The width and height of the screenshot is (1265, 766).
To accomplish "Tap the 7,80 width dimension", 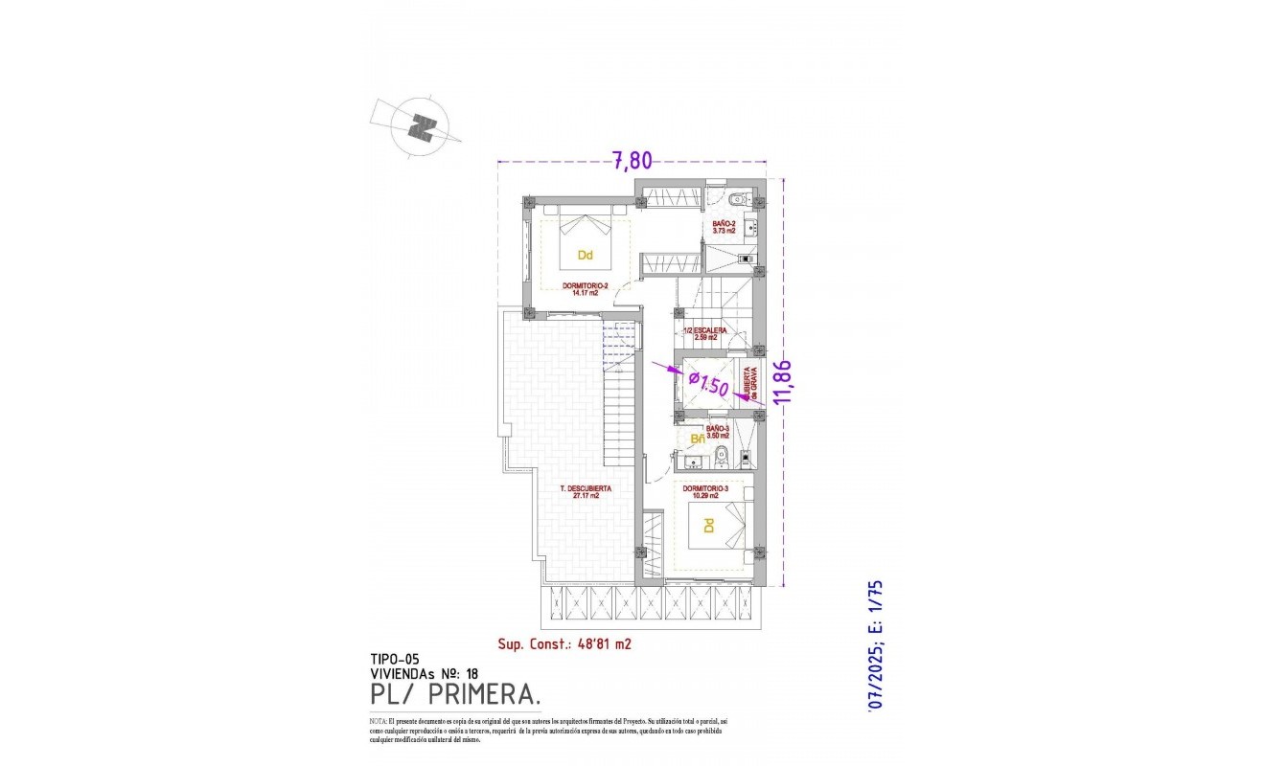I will pos(633,161).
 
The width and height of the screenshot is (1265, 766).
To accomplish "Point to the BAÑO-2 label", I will pos(724,226).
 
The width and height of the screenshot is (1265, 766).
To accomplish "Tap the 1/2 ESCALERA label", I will pos(704,333).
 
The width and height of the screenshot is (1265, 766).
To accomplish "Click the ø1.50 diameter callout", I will pos(710,384).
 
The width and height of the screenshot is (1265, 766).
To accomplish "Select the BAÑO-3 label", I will pos(718,432).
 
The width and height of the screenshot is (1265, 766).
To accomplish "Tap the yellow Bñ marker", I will pos(699,439).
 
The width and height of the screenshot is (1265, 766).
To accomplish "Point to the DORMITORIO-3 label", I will pos(706,491).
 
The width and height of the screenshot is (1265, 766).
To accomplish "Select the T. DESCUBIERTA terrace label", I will pos(586,491).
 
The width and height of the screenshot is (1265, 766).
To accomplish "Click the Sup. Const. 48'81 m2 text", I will pos(564,644).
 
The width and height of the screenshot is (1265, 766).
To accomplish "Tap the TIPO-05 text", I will pos(395,659).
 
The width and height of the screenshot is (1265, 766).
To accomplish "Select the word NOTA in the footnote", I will pos(378,720).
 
